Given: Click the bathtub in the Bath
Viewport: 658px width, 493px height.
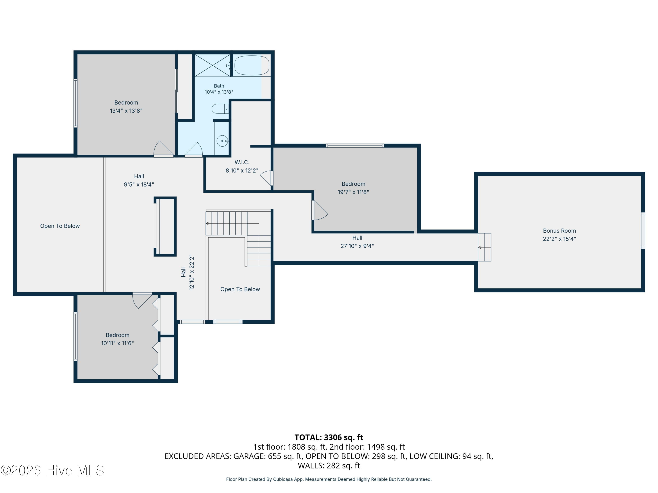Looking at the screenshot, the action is click(252, 65).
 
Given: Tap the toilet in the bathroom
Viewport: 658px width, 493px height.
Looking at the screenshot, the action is click(220, 109).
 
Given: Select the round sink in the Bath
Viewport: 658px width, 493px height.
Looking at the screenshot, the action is click(222, 141).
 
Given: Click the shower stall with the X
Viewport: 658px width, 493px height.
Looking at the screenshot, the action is click(212, 65).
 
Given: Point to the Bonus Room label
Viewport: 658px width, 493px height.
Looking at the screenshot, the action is click(559, 231).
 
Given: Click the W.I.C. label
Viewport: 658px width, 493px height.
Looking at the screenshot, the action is click(242, 162).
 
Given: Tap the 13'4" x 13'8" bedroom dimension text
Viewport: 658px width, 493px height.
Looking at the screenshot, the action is click(126, 111).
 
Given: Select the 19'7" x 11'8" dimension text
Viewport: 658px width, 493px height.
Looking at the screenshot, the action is click(353, 192).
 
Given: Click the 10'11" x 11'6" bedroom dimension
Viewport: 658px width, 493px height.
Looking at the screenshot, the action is click(118, 343).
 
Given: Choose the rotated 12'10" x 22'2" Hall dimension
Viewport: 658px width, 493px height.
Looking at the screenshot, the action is click(191, 272).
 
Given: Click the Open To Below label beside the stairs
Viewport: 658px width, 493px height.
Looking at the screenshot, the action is click(240, 289).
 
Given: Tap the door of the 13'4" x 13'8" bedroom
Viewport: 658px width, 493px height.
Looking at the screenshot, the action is click(163, 148).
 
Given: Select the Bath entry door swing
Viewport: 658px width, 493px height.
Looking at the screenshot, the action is click(194, 149).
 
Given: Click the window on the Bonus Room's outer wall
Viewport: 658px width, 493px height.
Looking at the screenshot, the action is click(643, 231).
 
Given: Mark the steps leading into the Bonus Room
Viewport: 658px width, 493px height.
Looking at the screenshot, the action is click(485, 247).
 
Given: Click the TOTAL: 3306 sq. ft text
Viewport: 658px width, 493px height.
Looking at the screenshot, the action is click(329, 437).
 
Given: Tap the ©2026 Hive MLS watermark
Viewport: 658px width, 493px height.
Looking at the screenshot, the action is click(52, 470).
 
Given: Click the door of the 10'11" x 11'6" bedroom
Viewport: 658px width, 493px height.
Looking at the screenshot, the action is click(142, 300).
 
